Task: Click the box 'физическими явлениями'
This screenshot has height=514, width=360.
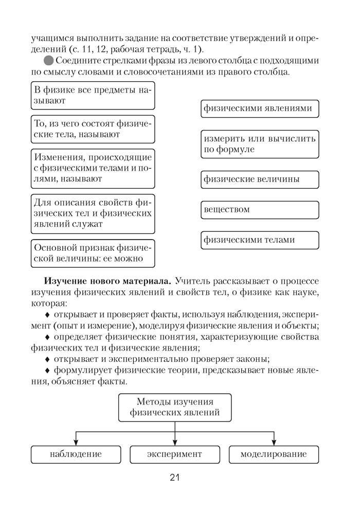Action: pos(260,109)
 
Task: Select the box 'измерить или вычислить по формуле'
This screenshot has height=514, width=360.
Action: pos(260,144)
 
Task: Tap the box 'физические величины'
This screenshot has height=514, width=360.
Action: pos(260,179)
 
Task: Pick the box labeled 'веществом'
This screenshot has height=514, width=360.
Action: pos(260,210)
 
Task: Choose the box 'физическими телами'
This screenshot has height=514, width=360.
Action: pos(260,240)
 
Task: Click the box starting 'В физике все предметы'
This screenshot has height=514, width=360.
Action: pos(93,96)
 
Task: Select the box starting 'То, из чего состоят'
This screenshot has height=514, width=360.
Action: pos(93,129)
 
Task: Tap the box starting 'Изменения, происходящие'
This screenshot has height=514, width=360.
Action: pos(93,168)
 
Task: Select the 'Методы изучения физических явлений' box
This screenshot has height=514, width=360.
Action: pos(175,407)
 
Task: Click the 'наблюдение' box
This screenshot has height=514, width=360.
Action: pos(76,454)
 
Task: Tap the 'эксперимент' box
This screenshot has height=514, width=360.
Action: pos(175,454)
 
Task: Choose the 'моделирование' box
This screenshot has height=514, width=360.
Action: pos(274,454)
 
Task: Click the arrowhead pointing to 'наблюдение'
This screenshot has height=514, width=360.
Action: pos(76,442)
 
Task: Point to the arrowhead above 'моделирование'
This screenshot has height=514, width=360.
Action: pos(274,442)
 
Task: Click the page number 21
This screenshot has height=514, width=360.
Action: pos(174,478)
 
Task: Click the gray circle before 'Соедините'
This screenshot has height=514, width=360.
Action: pos(49,61)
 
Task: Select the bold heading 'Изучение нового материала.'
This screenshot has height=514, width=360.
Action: pos(108,281)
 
